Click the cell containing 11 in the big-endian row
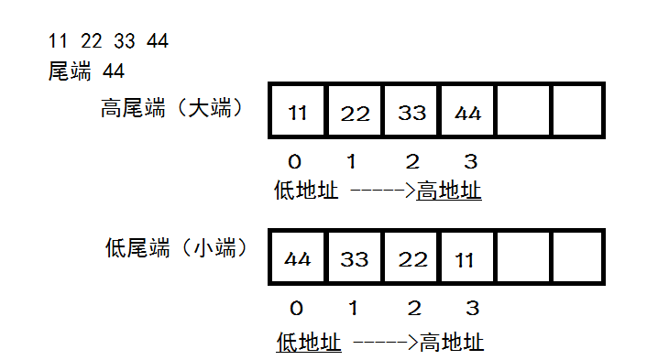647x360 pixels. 297,112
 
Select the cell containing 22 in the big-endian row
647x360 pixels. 355,112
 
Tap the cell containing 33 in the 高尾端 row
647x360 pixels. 411,112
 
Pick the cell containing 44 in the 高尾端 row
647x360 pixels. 467,112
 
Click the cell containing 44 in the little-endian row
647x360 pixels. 297,257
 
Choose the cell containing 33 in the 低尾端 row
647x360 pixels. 355,257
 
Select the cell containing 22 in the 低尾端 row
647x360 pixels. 411,257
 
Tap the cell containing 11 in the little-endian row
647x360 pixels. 467,257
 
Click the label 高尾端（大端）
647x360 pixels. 171,108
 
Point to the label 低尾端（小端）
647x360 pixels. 177,246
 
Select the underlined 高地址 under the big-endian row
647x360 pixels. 449,191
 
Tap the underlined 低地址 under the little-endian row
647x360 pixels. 309,343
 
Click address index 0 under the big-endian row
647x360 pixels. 294,162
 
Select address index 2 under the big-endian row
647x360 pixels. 412,162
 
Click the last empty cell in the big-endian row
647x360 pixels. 578,112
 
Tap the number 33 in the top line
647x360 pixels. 124,40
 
